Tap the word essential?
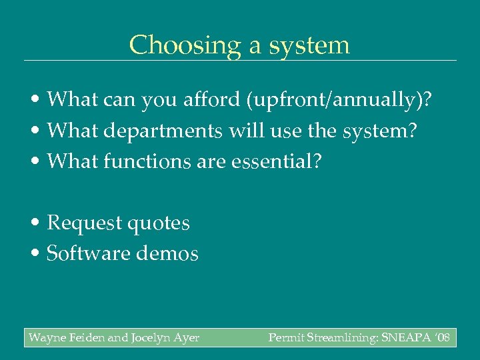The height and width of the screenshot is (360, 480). coord(275,161)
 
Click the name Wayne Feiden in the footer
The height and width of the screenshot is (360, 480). coord(66,338)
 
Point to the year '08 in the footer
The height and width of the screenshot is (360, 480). coord(441,338)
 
